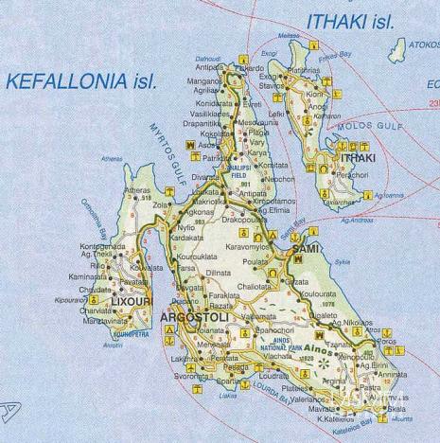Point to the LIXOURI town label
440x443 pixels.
(x=132, y=302)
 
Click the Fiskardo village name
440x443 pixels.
(x=249, y=69)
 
